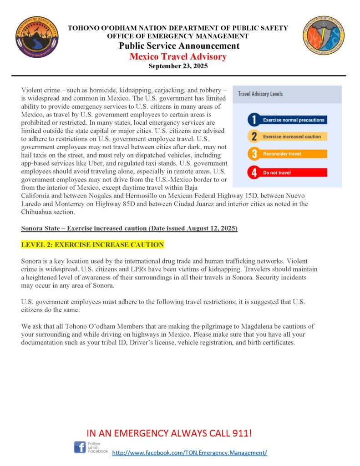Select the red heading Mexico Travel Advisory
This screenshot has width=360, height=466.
click(x=178, y=56)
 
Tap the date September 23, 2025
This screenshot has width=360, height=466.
click(x=178, y=66)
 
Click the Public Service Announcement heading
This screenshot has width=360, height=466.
click(x=179, y=46)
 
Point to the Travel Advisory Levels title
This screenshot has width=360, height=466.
click(x=260, y=94)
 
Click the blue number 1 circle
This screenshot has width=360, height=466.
click(x=254, y=120)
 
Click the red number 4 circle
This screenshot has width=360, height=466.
click(x=254, y=173)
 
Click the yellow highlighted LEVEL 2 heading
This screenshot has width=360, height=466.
click(x=92, y=245)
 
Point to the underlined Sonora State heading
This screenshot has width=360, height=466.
click(x=129, y=228)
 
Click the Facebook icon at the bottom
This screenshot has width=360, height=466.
click(x=80, y=447)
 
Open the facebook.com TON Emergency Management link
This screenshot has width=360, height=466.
click(x=189, y=453)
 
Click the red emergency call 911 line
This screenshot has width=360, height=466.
click(x=169, y=432)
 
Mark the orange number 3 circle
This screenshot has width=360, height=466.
click(x=254, y=154)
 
